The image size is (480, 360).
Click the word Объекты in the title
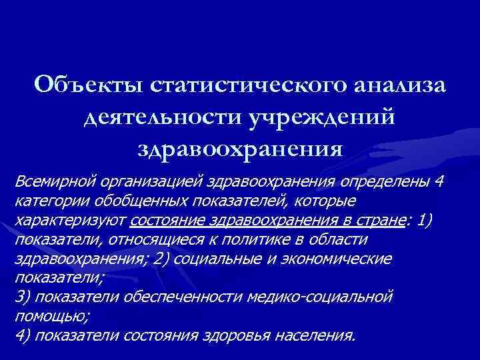[89, 86]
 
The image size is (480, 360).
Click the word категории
[49, 200]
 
